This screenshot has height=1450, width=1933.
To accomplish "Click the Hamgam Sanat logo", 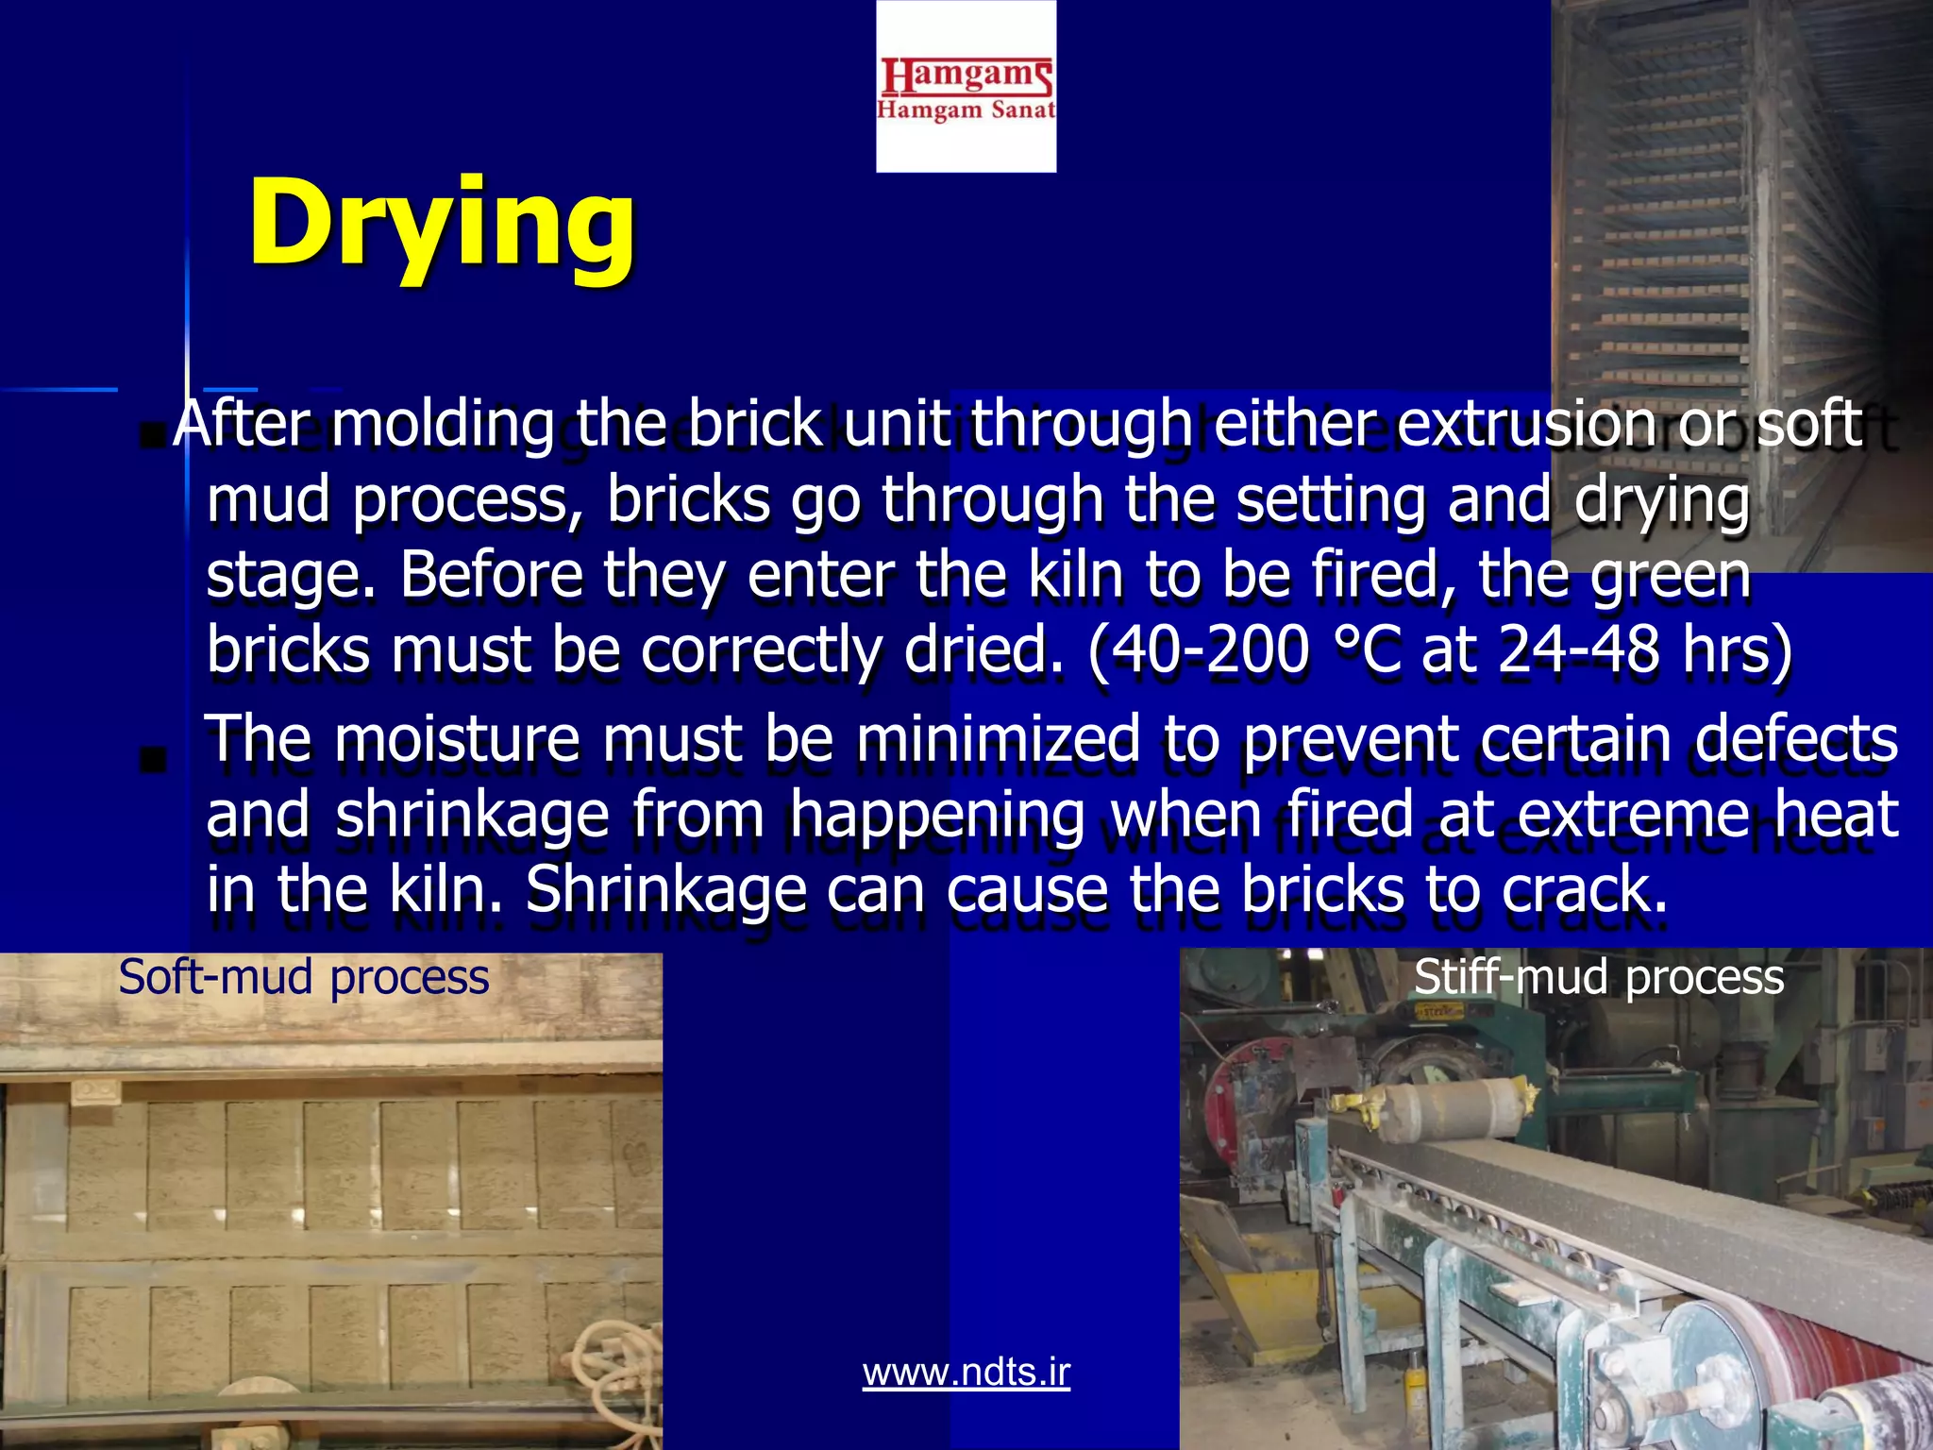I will (966, 88).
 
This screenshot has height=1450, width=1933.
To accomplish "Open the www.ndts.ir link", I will (966, 1372).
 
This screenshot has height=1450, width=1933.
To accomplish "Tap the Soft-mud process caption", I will (304, 977).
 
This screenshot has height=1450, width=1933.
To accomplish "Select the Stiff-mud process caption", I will (1599, 977).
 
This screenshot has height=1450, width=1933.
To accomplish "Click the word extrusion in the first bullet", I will (1526, 424).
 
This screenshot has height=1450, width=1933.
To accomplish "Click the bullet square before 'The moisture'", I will (152, 759).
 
